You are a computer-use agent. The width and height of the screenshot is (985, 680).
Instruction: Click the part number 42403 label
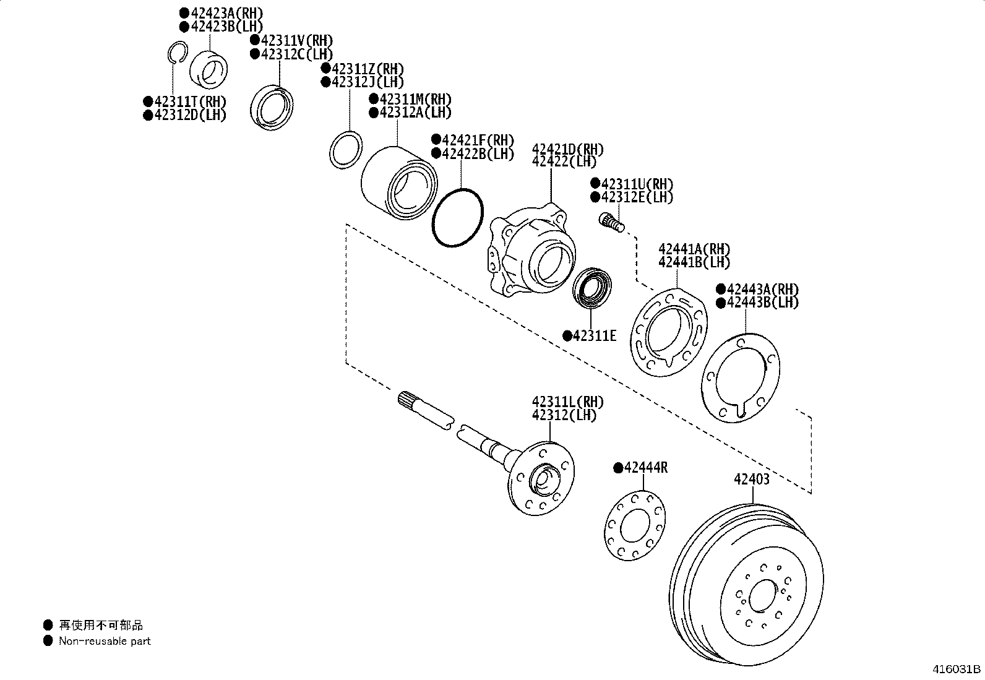pos(752,480)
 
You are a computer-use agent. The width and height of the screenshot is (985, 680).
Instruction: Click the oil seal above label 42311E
pos(593,286)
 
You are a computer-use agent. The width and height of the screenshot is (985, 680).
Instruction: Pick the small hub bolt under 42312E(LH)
pos(611,221)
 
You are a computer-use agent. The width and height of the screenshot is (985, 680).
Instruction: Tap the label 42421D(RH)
pos(568,150)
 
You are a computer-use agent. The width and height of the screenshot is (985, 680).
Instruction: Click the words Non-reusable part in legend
pos(105,642)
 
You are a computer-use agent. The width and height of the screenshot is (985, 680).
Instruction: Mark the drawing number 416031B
pos(957,669)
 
